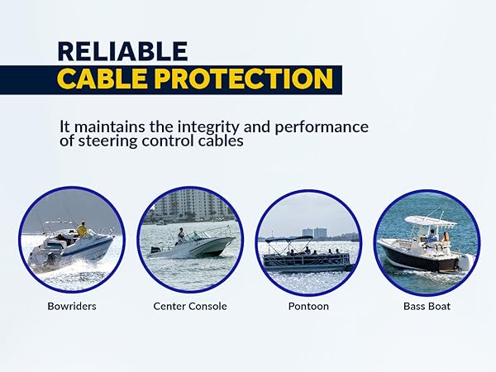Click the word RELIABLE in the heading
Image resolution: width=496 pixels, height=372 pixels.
[122, 51]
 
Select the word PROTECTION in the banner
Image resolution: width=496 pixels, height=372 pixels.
[243, 79]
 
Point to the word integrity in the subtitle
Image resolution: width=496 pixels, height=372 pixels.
[208, 127]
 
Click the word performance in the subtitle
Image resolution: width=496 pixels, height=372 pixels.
[322, 128]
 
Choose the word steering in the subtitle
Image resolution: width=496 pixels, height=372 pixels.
[107, 141]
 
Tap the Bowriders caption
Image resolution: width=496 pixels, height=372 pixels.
[72, 306]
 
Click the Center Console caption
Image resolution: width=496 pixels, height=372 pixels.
[190, 306]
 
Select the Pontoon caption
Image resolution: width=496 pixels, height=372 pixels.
[308, 306]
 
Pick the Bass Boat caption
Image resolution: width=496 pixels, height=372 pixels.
[427, 306]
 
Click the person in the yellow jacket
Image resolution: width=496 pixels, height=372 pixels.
[82, 230]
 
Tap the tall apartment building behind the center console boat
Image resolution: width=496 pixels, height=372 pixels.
[193, 206]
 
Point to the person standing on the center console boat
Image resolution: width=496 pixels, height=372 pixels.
[180, 236]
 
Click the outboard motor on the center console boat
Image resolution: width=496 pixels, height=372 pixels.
[156, 250]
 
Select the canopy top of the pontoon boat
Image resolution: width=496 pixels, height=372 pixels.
[284, 239]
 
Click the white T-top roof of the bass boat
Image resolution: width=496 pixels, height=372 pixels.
[431, 221]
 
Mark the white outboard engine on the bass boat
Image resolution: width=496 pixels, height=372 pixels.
[466, 262]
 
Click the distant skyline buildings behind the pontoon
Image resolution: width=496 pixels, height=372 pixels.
[317, 233]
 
